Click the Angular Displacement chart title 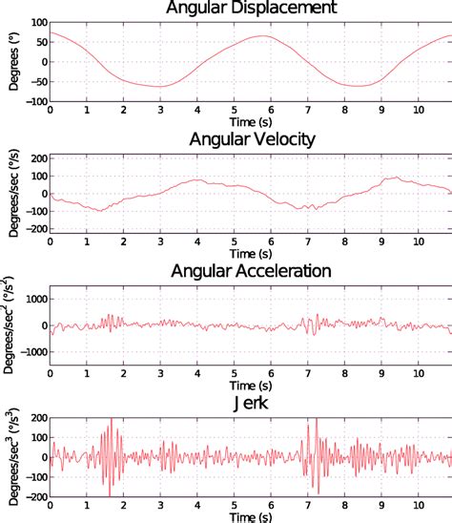point(251,9)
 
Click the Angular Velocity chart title point(251,139)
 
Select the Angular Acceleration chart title point(251,270)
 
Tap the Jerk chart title point(251,402)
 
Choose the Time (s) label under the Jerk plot point(251,516)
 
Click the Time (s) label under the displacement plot point(251,122)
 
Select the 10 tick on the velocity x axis point(417,241)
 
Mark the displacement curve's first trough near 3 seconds point(160,87)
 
